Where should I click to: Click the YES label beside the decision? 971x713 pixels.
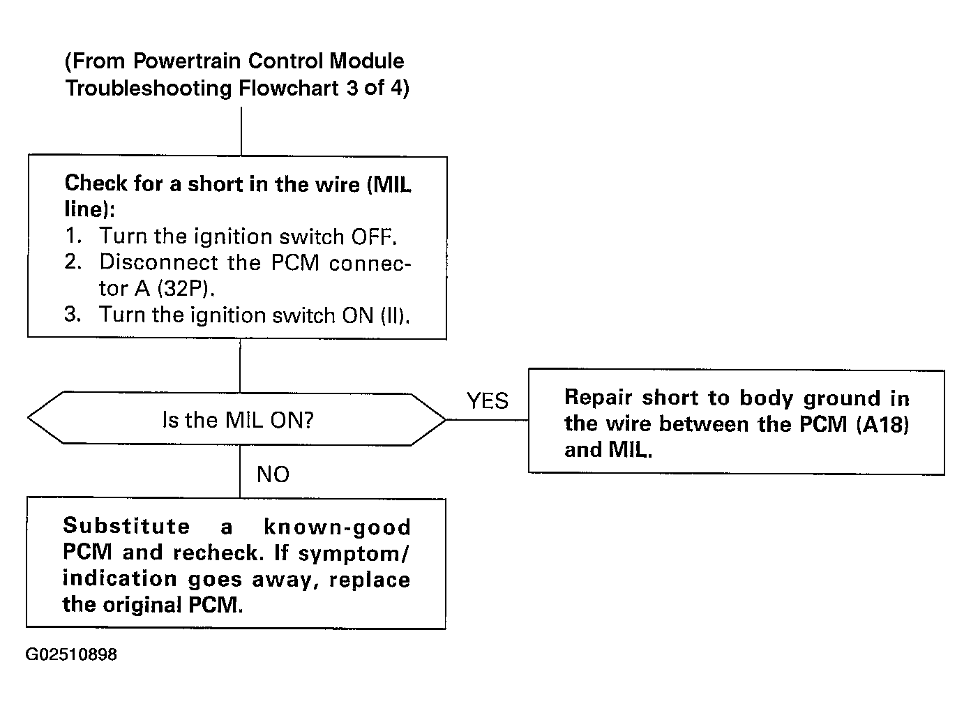(487, 400)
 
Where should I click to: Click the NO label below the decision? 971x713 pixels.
(273, 474)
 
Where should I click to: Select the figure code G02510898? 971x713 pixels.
(71, 654)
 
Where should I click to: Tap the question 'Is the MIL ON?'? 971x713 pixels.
(238, 419)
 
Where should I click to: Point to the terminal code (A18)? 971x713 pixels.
(882, 424)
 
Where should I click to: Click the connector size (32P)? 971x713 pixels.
(186, 288)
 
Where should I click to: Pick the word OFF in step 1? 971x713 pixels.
(374, 237)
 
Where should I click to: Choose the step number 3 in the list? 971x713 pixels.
(73, 314)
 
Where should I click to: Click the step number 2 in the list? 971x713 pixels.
(73, 262)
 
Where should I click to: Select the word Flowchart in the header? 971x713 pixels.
(289, 88)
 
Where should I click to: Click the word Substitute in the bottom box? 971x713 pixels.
(126, 526)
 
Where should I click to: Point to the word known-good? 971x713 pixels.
(337, 527)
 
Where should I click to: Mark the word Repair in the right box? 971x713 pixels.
(599, 398)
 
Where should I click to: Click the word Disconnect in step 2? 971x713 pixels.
(158, 262)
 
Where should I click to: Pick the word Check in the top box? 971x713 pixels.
(96, 183)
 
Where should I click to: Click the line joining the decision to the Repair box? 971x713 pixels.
(487, 419)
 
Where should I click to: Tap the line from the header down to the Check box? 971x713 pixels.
(241, 131)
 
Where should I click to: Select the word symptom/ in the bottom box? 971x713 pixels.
(353, 553)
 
